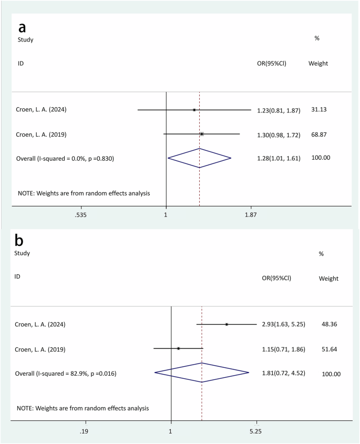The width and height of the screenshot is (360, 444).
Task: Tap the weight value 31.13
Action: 320,110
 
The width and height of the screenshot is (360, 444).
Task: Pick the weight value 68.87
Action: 320,135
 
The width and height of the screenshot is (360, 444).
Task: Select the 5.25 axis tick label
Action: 256,431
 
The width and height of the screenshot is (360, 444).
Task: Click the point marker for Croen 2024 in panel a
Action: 194,110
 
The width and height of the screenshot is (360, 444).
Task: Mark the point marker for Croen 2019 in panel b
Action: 179,348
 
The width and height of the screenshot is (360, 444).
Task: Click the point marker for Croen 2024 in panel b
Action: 227,324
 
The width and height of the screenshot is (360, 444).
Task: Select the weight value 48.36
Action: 331,325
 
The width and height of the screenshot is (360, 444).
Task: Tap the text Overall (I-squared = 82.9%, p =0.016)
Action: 66,374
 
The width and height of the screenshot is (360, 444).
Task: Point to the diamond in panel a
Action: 199,158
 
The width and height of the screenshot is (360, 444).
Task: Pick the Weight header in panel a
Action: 318,64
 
